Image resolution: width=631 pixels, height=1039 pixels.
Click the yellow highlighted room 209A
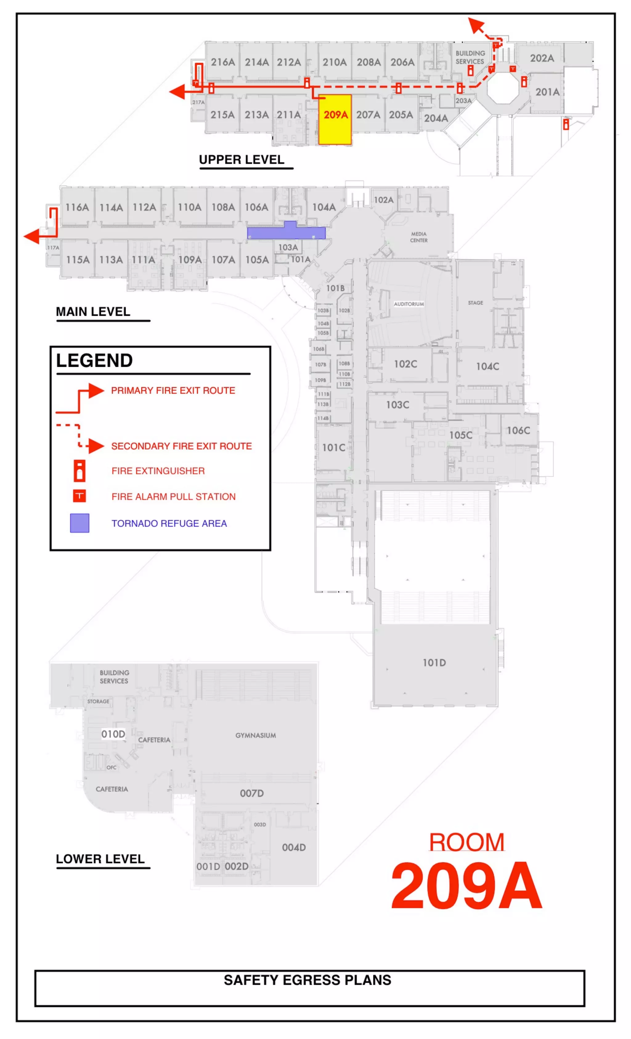click(x=335, y=120)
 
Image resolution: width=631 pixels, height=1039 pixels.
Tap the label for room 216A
click(x=223, y=63)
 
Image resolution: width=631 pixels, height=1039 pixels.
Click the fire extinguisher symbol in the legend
click(x=79, y=471)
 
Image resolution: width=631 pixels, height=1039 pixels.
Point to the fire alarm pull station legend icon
click(x=79, y=496)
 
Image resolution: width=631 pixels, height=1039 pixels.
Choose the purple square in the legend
click(x=79, y=523)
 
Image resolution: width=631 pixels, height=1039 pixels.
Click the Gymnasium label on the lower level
click(x=256, y=735)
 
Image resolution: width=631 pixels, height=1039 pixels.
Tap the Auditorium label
click(x=409, y=304)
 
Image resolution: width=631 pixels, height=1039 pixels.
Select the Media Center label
click(x=418, y=237)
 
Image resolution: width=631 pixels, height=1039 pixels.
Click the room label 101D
click(x=434, y=663)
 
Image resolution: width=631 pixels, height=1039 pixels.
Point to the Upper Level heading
click(x=242, y=160)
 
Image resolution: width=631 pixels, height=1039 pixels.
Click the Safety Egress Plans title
click(x=307, y=980)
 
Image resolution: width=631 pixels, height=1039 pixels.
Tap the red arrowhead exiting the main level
click(x=32, y=236)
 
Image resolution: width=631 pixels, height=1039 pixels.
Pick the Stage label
click(x=475, y=303)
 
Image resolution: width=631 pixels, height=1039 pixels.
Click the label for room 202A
click(x=542, y=58)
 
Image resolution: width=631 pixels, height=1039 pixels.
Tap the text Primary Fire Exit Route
click(x=173, y=391)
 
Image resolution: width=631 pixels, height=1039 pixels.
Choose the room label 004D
click(x=294, y=847)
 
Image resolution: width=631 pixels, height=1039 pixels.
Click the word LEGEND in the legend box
click(x=95, y=360)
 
